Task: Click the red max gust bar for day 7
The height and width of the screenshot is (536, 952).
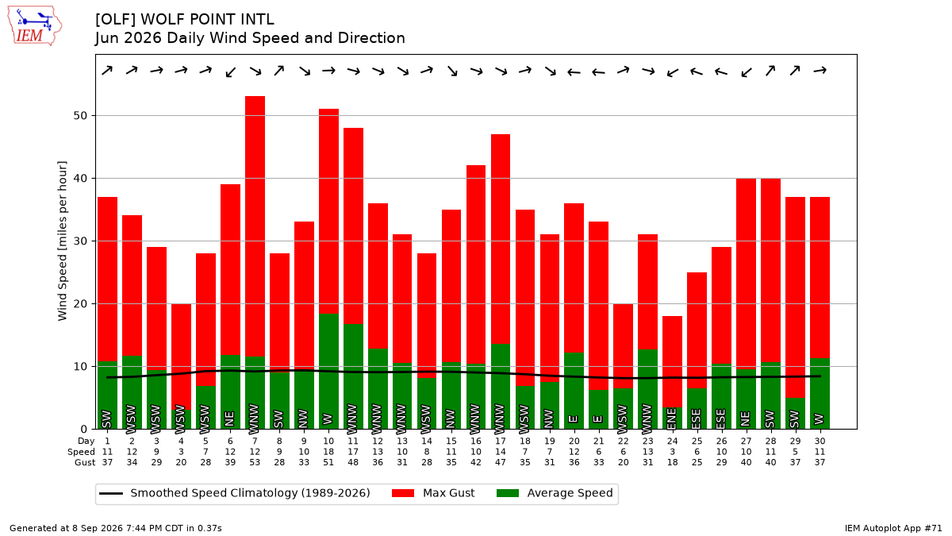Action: coord(255,226)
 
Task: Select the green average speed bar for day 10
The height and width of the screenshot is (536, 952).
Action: coord(328,372)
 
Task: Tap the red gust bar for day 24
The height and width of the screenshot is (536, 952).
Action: coord(673,361)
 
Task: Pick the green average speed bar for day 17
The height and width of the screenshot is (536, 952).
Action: coord(501,386)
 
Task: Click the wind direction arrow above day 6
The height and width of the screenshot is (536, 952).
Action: coord(230,72)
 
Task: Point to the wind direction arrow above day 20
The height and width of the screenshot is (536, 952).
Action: coord(574,72)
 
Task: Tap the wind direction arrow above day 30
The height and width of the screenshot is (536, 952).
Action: coord(820,70)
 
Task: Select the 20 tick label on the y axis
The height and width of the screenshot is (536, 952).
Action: coord(80,303)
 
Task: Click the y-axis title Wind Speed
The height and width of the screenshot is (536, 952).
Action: coord(62,241)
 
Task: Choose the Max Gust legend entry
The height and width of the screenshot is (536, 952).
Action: coord(432,493)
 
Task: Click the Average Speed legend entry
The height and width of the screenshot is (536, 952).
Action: coord(555,493)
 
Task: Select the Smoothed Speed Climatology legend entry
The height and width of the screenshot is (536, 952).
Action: coord(235,493)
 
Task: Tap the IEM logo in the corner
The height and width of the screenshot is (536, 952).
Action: coord(35,26)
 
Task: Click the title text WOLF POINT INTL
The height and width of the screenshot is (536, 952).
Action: coord(207,20)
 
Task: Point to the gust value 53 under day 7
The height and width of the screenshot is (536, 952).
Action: coord(255,462)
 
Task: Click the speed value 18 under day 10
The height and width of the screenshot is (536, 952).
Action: coord(328,452)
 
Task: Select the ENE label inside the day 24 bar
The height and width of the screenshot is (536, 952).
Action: coord(673,418)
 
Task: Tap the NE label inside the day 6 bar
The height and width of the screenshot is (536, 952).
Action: coord(230,419)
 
